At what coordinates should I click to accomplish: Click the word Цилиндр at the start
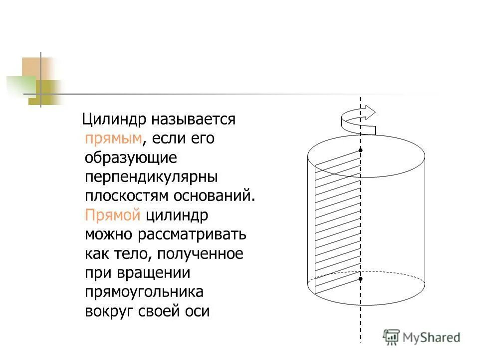click(113, 119)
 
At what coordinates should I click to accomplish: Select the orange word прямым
click(113, 138)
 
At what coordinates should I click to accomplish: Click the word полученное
click(201, 253)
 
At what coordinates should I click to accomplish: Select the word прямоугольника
click(144, 292)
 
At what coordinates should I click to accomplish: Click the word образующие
click(131, 157)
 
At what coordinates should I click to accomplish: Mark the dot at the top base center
click(360, 150)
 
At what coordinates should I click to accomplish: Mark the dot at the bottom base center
click(360, 279)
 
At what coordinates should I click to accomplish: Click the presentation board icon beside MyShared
click(391, 337)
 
